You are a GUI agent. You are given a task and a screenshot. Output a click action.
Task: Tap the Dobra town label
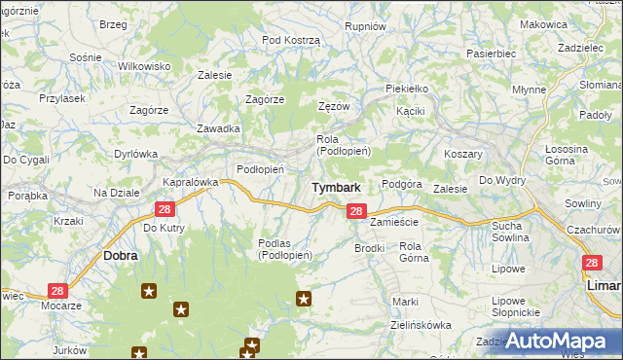[121, 256]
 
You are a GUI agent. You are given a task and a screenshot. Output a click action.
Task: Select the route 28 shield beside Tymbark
[356, 211]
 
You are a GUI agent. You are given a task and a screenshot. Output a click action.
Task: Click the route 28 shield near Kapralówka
[165, 208]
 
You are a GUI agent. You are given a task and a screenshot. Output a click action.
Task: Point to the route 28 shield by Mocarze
[57, 291]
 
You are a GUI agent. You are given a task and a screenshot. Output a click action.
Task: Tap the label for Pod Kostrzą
[291, 40]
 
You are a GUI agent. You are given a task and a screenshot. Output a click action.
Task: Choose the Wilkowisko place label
[144, 66]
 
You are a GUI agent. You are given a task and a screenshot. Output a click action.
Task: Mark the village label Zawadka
[218, 128]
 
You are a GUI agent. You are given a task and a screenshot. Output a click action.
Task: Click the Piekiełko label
[407, 89]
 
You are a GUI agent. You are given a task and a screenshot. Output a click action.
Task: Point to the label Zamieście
[394, 222]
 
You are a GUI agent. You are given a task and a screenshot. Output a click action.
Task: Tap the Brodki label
[370, 248]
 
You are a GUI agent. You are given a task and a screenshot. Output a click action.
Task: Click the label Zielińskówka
[421, 325]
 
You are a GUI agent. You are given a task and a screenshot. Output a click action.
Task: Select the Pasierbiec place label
[490, 54]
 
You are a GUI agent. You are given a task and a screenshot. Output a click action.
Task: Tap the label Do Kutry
[164, 228]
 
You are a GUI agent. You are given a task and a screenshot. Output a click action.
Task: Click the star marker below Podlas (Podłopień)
[304, 299]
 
